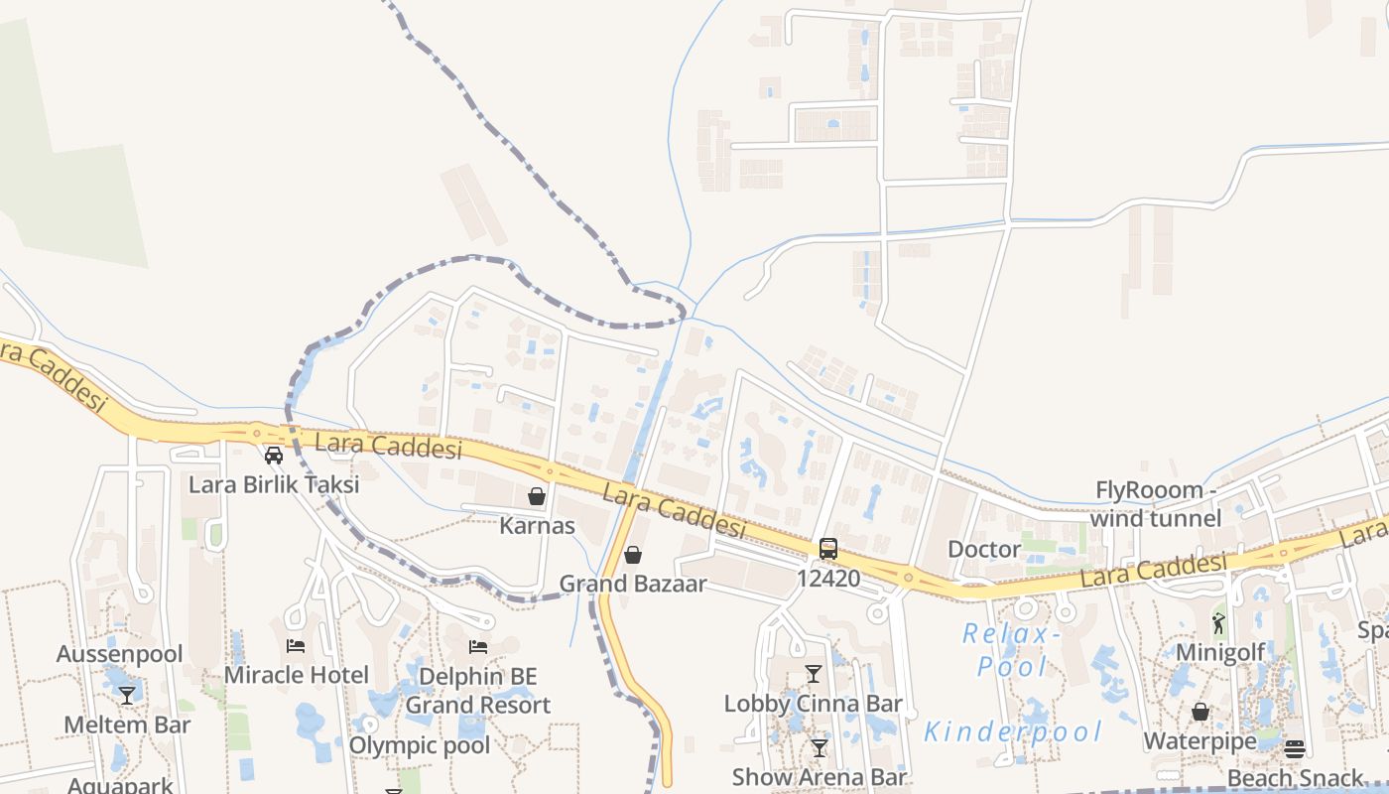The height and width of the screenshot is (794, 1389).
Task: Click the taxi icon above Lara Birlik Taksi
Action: point(274,456)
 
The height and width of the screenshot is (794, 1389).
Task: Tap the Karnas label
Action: point(537,525)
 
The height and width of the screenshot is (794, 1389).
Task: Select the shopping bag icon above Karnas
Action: point(537,495)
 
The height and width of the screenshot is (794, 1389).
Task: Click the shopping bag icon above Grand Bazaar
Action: point(633,554)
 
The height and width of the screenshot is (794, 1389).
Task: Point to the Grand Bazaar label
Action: point(633,584)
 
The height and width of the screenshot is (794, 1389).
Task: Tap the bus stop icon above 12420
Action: point(827,548)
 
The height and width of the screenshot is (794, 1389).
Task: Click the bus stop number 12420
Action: point(827,578)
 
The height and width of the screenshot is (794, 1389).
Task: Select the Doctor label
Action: point(983,549)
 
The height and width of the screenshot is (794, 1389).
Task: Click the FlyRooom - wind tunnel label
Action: point(1156,504)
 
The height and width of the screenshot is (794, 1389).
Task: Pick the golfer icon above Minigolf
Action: point(1218,623)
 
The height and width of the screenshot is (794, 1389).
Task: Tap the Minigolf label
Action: point(1219,652)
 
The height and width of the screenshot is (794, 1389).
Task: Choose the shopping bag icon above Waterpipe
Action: point(1200,712)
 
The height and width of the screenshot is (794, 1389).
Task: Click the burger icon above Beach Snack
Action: point(1295,748)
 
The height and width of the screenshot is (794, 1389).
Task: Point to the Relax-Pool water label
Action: point(1012,649)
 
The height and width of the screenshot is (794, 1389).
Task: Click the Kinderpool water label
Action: point(1013,732)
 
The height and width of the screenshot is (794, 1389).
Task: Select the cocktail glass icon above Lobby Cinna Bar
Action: point(814,674)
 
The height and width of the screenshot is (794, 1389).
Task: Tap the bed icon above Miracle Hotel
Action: point(296,645)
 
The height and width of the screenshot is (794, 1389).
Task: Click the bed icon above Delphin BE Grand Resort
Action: point(478,647)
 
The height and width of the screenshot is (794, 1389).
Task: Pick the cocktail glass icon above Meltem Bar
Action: point(127,695)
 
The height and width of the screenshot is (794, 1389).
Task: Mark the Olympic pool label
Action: point(420,745)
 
